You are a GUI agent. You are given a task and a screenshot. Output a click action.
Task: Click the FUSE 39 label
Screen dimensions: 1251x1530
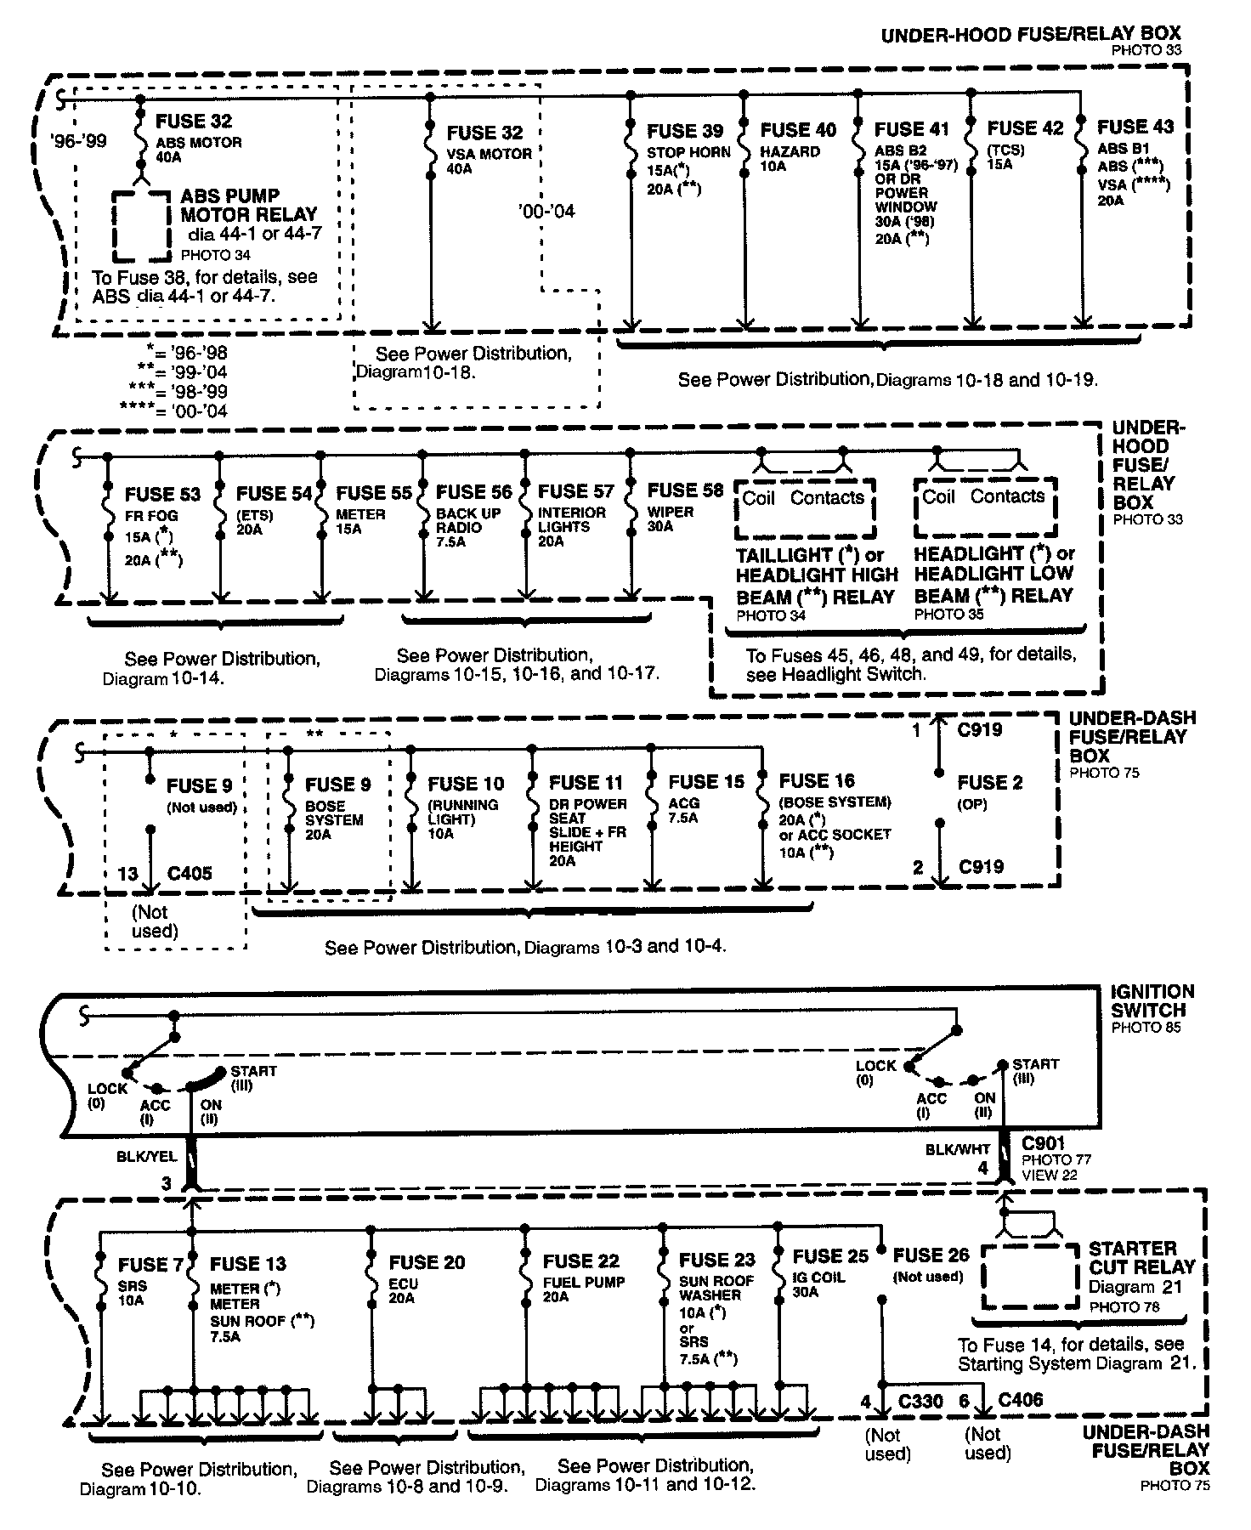[x=685, y=131]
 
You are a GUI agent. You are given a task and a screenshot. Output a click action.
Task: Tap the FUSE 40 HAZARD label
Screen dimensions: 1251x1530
[x=798, y=130]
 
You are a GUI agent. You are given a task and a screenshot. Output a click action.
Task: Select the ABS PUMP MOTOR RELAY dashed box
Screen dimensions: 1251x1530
[x=142, y=224]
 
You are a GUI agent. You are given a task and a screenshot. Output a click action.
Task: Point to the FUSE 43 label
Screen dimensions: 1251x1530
[x=1135, y=127]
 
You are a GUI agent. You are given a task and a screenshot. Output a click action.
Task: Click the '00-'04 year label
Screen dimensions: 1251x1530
[x=546, y=210]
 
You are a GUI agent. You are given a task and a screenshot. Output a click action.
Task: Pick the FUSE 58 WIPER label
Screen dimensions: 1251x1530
[x=685, y=490]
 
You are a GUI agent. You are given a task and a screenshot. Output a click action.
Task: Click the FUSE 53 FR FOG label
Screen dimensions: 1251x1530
[x=162, y=495]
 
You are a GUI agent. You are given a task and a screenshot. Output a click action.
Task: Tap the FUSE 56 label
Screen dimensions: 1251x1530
[x=474, y=492]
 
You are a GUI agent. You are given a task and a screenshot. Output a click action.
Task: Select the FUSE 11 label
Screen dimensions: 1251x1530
[x=586, y=782]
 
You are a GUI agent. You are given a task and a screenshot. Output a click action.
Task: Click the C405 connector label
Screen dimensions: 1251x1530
[x=190, y=873]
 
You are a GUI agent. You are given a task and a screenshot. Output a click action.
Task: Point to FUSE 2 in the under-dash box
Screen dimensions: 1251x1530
[x=990, y=782]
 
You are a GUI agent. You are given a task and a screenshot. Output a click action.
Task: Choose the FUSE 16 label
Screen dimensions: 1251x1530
[x=817, y=780]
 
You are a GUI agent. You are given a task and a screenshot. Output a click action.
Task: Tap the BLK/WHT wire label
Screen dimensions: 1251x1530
[x=957, y=1150]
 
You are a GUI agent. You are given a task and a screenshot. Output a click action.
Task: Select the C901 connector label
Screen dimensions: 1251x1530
[x=1043, y=1143]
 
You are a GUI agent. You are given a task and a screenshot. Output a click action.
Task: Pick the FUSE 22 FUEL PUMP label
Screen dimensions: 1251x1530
[x=582, y=1261]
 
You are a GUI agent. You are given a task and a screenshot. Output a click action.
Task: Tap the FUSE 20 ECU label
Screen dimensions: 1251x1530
[x=427, y=1262]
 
